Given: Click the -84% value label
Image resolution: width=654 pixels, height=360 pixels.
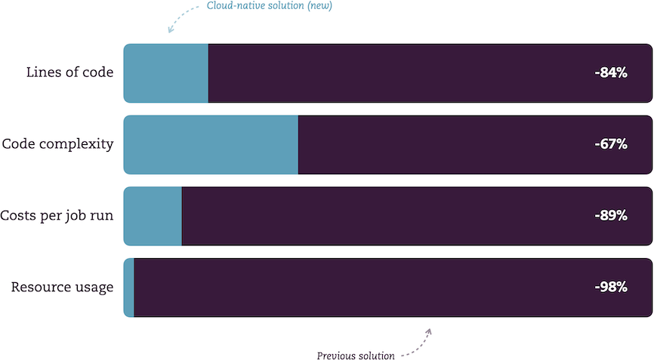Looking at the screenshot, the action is (x=611, y=73).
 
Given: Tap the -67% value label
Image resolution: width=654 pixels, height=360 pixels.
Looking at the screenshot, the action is (x=611, y=144).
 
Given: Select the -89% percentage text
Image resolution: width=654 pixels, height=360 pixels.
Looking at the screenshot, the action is (x=611, y=215).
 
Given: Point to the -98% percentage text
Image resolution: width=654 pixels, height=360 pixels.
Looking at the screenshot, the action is (x=611, y=287).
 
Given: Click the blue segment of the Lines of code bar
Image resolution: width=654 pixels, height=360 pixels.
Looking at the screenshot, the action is (x=166, y=73).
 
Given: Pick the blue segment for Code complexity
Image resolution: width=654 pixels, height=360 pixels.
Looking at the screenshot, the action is (x=211, y=145).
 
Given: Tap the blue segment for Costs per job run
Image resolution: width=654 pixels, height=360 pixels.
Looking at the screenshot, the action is (x=153, y=216).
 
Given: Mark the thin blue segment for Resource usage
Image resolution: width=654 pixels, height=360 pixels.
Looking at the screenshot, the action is (x=129, y=288).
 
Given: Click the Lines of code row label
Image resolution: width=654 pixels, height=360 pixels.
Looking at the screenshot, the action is (x=69, y=72).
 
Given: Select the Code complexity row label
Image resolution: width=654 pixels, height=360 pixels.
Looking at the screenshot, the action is (x=57, y=144).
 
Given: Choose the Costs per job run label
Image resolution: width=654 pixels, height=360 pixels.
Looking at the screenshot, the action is (x=57, y=216).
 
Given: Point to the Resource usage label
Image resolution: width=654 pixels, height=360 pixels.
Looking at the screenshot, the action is (x=62, y=288).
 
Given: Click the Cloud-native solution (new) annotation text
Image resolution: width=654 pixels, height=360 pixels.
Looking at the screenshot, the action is (x=270, y=6).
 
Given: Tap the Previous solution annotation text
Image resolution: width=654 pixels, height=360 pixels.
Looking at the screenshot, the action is (x=356, y=355).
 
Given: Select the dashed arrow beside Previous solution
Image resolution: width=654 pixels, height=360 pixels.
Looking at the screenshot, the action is (x=419, y=346).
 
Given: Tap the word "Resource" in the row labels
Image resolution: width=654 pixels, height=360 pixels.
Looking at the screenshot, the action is (x=35, y=287).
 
